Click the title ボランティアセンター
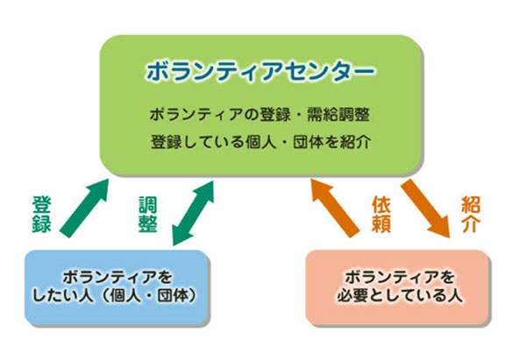click(264, 70)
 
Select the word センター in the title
click(322, 70)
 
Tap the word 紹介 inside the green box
click(362, 140)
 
